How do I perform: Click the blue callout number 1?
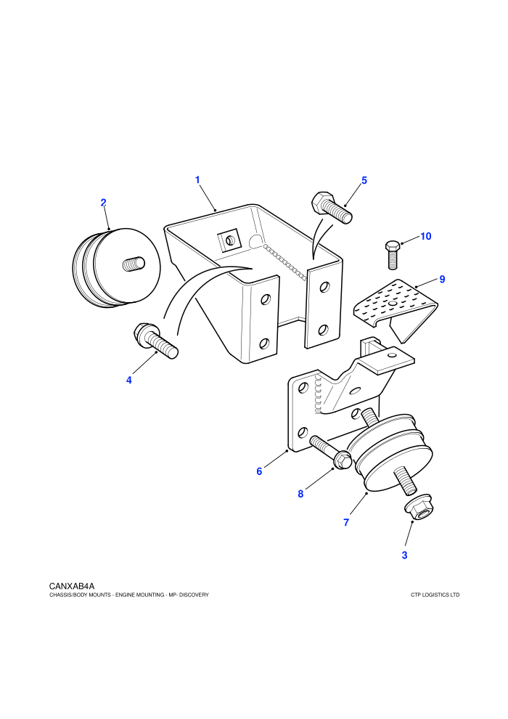click(x=197, y=180)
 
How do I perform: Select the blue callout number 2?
click(x=104, y=203)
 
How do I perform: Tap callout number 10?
click(x=426, y=236)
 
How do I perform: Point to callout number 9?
click(x=442, y=280)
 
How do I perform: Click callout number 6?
click(x=259, y=471)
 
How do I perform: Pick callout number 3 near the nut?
click(x=404, y=556)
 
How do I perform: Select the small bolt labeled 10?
click(x=392, y=254)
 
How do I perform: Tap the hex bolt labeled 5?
click(x=332, y=208)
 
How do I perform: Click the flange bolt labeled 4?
click(x=155, y=340)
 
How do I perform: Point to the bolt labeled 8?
click(x=330, y=452)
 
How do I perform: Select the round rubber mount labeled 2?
click(x=117, y=268)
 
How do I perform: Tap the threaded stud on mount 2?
click(x=134, y=264)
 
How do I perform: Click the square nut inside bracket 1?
click(x=229, y=240)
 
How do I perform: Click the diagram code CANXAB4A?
click(x=72, y=586)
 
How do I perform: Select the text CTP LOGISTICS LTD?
click(x=435, y=596)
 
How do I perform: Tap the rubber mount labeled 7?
click(x=390, y=452)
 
